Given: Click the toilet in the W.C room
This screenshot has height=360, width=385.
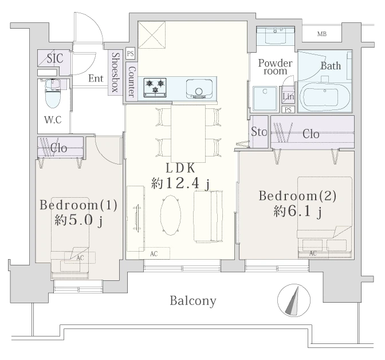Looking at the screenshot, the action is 53,93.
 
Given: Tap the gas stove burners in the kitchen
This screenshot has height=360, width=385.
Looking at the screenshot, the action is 155,88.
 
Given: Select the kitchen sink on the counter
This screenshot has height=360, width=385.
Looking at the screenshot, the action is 199,89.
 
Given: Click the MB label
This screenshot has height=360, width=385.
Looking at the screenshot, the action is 322,34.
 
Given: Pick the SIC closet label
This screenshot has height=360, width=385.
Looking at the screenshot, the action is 55,58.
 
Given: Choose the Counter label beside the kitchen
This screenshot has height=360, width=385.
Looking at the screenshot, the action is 132,81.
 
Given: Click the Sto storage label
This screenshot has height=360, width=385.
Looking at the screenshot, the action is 259,132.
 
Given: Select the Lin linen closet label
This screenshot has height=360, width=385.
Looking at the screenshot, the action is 288,96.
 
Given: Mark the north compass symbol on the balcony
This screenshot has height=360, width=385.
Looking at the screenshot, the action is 294,300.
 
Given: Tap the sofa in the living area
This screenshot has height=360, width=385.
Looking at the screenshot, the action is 208,217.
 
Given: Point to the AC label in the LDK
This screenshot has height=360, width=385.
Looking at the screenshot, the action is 154,254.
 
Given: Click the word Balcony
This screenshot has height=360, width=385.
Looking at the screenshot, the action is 193,301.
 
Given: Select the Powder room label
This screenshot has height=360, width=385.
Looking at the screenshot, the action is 275,67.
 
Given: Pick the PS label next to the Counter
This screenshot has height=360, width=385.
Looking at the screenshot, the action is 131,53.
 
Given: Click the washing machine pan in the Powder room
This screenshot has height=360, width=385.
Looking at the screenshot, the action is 266,99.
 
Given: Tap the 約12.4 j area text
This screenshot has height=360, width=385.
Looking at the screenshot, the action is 180,183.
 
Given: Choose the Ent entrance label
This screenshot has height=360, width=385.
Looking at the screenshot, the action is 96,79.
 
